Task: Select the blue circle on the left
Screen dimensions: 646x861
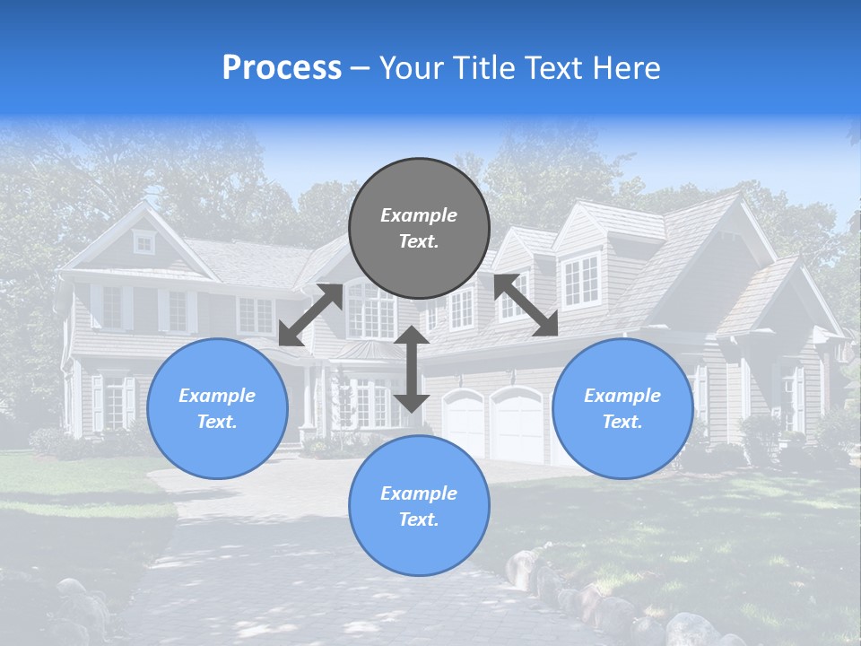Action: (217, 408)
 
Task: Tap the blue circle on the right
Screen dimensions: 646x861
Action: (622, 408)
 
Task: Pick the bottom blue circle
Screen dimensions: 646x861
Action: (419, 506)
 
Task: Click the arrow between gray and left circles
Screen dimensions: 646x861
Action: (310, 315)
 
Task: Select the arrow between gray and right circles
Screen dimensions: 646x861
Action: (526, 306)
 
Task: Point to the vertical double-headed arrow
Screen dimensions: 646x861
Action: (412, 369)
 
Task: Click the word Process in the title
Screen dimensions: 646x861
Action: (282, 68)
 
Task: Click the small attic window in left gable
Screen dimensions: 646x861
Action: (143, 241)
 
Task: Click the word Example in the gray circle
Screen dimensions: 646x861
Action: (419, 215)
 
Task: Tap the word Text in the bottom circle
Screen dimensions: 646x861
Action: (417, 519)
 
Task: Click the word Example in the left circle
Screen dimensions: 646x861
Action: (217, 396)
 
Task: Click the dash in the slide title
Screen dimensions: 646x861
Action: (361, 68)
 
